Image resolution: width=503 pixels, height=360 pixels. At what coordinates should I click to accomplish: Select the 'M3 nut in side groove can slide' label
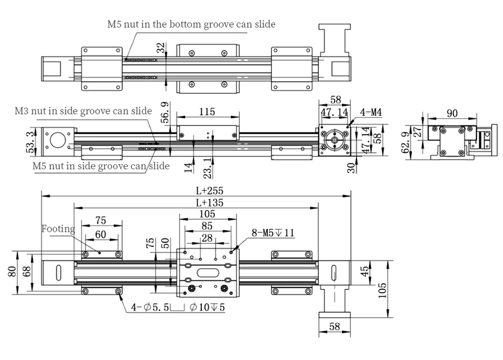[84, 111]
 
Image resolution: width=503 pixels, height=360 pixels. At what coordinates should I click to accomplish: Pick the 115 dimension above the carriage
[207, 111]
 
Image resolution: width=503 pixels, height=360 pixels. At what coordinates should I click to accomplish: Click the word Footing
[58, 229]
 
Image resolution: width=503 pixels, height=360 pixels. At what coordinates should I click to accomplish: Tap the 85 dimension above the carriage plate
[207, 225]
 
